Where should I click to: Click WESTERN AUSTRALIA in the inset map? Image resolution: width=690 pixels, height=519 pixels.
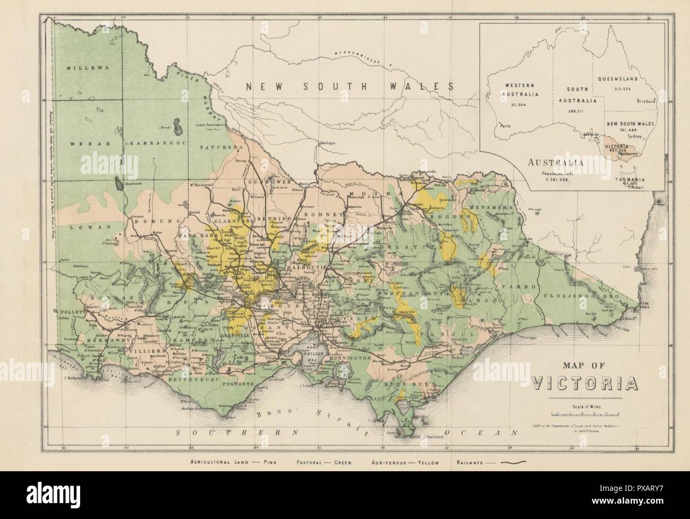(521, 90)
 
